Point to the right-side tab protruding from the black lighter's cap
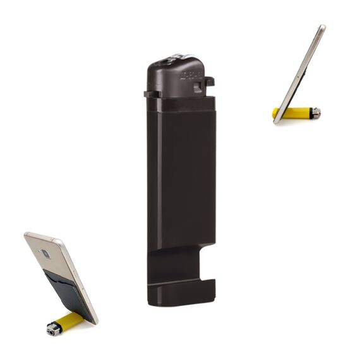[x=209, y=81]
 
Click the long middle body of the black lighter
[x=181, y=177]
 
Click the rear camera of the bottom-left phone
[x=45, y=254]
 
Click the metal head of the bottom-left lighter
[x=53, y=328]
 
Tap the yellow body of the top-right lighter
[x=292, y=113]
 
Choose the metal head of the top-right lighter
[x=316, y=112]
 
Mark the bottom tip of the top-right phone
[x=277, y=121]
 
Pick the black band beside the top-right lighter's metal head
[x=309, y=112]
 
